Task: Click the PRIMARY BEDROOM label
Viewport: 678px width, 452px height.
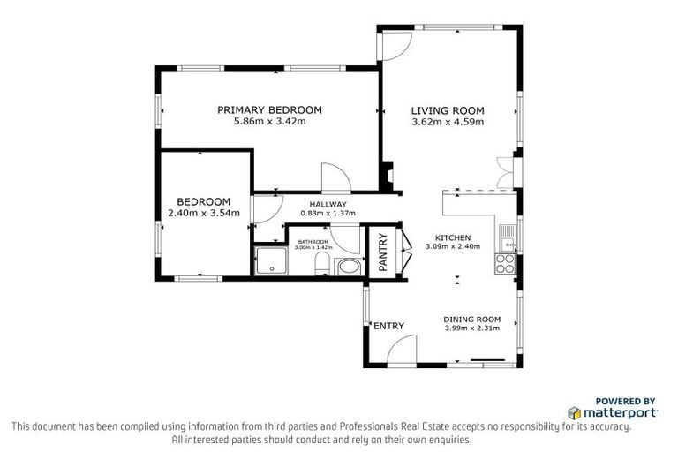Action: point(270,109)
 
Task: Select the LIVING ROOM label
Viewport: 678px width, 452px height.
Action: point(448,110)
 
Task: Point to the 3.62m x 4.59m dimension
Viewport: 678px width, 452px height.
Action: point(448,122)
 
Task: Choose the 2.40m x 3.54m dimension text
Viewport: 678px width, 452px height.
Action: point(203,212)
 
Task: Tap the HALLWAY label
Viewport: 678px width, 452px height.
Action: point(315,204)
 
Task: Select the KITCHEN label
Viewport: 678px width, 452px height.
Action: point(452,237)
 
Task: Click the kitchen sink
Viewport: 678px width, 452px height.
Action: point(507,235)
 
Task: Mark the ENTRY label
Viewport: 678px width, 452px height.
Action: point(388,326)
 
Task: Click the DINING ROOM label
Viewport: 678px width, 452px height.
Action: point(472,319)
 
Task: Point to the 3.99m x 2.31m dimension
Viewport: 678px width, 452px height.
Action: point(472,328)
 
